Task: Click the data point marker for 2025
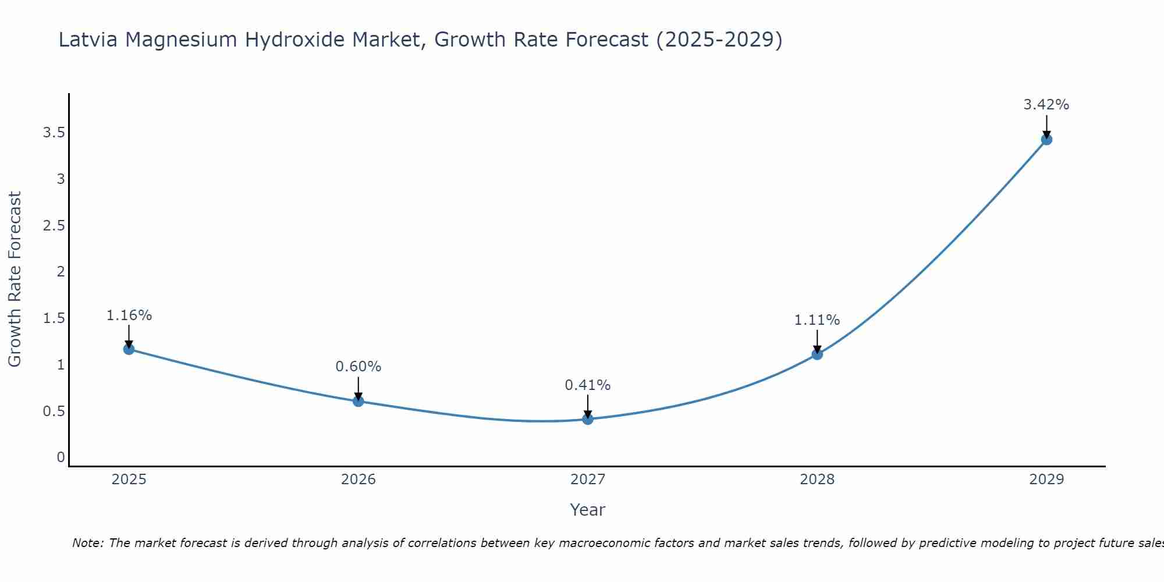tap(129, 349)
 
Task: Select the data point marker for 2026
tap(358, 401)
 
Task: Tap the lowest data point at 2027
tap(588, 419)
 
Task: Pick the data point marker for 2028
tap(817, 354)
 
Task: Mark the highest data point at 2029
tap(1046, 139)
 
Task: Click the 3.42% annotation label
tap(1046, 105)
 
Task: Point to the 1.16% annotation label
tap(129, 315)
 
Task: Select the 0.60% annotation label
tap(358, 367)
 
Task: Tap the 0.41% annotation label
tap(587, 385)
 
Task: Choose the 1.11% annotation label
tap(817, 320)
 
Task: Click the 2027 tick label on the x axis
tap(587, 480)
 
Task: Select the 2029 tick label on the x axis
tap(1046, 480)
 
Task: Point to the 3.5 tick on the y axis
tap(54, 133)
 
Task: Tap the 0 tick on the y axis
tap(61, 457)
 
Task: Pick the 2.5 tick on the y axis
tap(54, 226)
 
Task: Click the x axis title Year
tap(587, 510)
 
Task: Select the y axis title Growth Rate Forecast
tap(15, 279)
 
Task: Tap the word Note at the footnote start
tap(87, 543)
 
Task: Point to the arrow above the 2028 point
tap(817, 340)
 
